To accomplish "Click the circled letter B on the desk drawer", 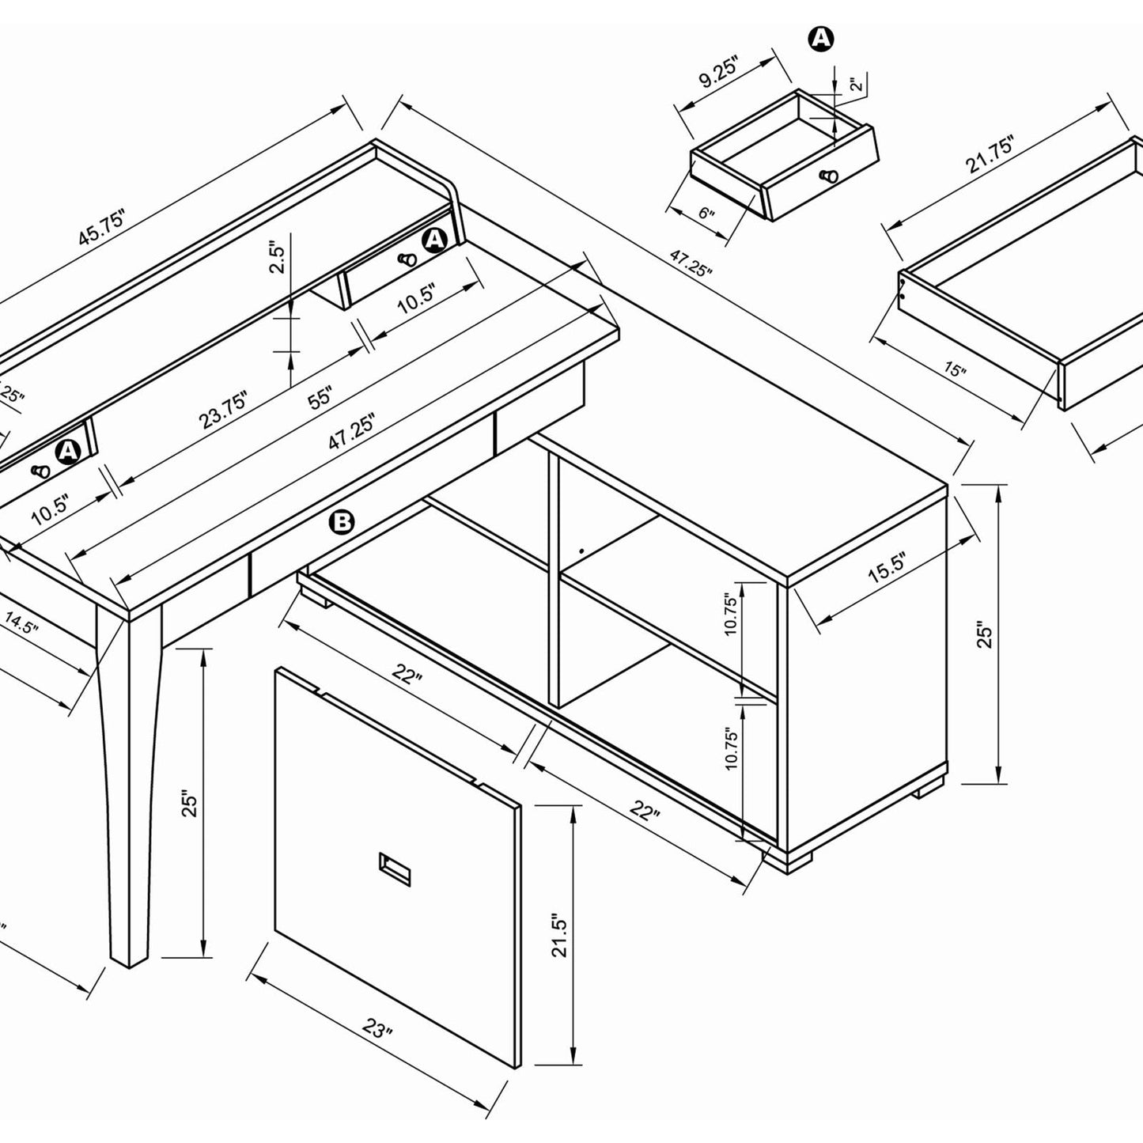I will pos(342,522).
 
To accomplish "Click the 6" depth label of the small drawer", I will pos(706,214).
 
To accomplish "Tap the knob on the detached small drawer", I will pos(829,176).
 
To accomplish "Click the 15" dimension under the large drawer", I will pos(955,369).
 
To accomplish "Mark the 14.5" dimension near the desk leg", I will pos(23,623).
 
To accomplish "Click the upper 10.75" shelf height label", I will pos(731,615).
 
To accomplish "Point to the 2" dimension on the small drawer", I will pos(854,85).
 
